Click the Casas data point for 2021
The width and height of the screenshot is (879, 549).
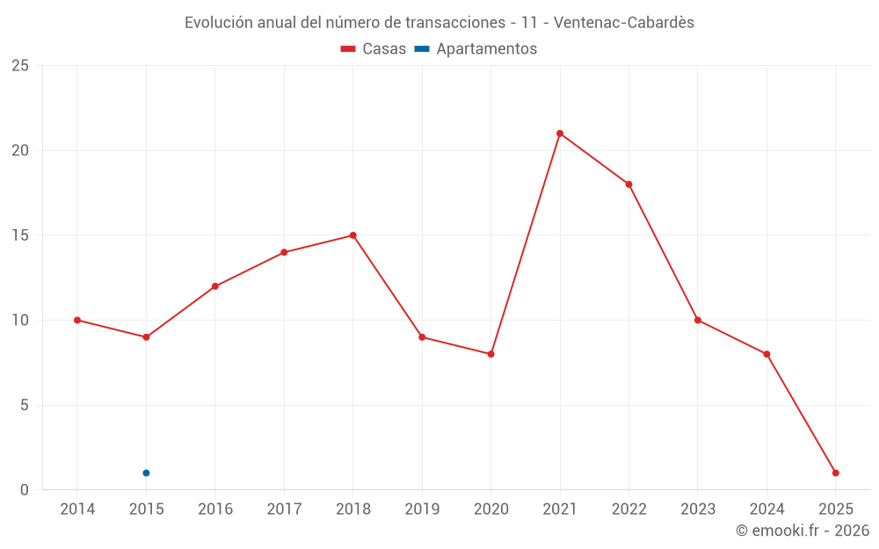coord(560,134)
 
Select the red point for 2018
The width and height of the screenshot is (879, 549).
coord(352,235)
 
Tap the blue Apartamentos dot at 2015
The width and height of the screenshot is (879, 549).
coord(146,473)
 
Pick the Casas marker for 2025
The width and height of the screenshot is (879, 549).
coord(835,473)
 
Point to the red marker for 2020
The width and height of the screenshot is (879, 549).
coord(490,354)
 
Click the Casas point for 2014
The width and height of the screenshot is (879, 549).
coord(77,320)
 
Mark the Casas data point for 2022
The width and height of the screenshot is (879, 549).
coord(628,184)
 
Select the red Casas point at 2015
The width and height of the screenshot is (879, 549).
coord(146,337)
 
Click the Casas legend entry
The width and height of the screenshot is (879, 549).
coord(374,49)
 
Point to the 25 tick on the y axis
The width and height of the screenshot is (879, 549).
coord(20,66)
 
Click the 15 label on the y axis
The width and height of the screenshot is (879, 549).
coord(20,235)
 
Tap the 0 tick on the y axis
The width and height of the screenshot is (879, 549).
coord(25,489)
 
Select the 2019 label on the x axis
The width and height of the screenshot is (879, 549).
coord(422,509)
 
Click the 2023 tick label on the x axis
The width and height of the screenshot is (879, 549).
coord(698,509)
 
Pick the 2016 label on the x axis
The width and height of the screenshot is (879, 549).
coord(215,509)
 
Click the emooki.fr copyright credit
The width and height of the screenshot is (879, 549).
coord(803,531)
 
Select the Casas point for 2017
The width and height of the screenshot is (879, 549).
coord(284,252)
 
